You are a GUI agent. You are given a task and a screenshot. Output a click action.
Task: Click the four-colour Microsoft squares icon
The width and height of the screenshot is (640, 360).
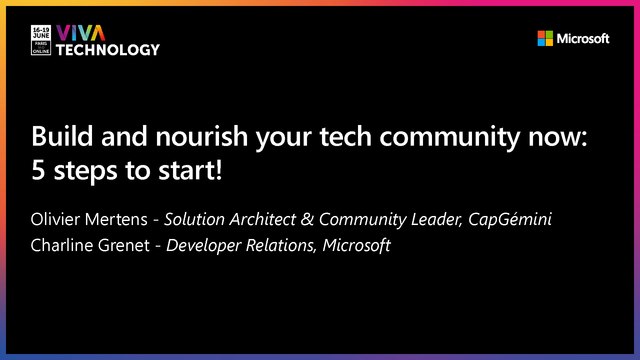click(545, 39)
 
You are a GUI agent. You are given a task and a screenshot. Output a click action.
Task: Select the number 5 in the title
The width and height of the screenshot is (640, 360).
click(39, 169)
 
